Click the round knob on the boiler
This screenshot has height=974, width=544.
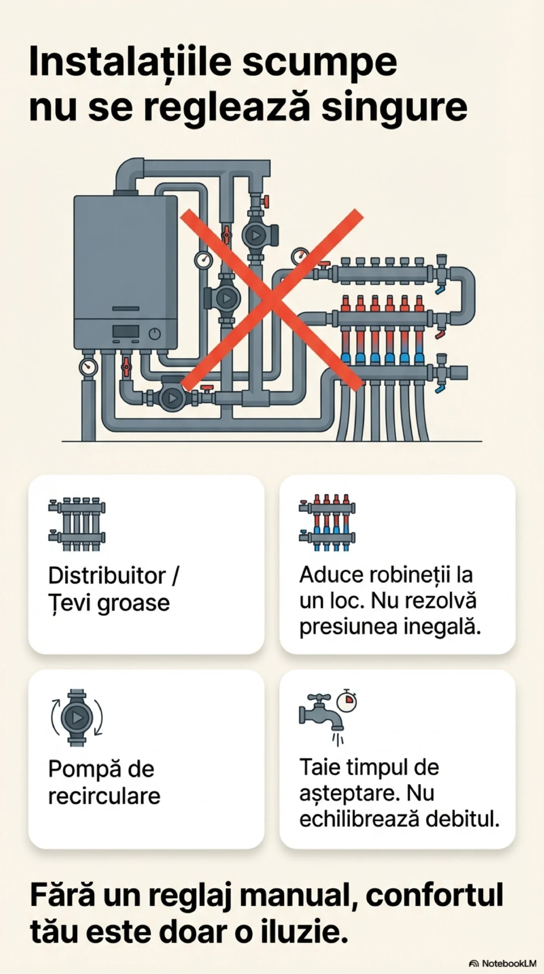(155, 334)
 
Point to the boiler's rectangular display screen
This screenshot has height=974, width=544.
(126, 331)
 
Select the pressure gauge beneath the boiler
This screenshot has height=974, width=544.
(88, 367)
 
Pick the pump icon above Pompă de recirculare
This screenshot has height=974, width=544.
(77, 718)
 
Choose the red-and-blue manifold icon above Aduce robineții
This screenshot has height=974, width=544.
(327, 523)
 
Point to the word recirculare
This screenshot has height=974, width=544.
(104, 796)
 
